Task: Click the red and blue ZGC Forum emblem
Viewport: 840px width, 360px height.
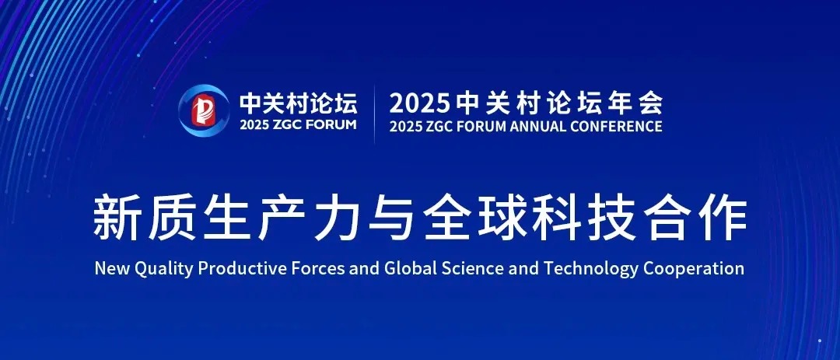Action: tap(204, 110)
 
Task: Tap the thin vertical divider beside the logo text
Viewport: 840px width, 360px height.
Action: tap(374, 114)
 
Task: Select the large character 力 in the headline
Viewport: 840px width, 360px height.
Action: tap(337, 219)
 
